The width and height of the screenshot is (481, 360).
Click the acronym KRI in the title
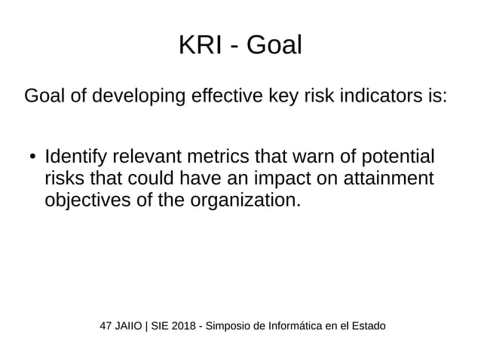[x=199, y=46]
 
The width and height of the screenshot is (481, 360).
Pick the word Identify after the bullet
[x=77, y=159]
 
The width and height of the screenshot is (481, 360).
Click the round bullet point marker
[x=32, y=159]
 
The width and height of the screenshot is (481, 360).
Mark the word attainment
[x=391, y=180]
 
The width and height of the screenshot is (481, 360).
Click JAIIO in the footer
[x=131, y=326]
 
